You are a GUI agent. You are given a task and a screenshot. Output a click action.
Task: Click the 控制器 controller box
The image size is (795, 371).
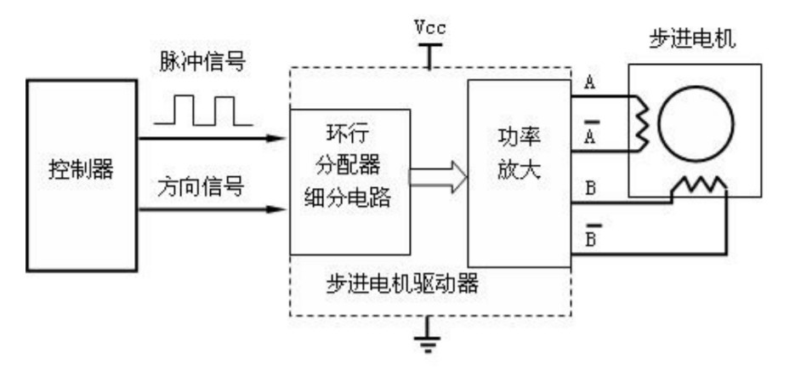click(82, 174)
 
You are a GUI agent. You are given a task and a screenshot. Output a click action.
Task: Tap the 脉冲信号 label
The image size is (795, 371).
click(198, 64)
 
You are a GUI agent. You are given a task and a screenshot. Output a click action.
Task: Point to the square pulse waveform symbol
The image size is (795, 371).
click(201, 111)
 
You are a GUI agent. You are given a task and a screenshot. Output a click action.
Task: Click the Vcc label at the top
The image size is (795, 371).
click(431, 27)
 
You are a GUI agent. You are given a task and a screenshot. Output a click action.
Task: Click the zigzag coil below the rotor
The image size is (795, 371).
click(697, 185)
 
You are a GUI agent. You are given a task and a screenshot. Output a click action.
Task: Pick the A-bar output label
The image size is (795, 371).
click(588, 136)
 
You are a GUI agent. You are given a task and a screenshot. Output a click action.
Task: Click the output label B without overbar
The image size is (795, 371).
click(588, 190)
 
